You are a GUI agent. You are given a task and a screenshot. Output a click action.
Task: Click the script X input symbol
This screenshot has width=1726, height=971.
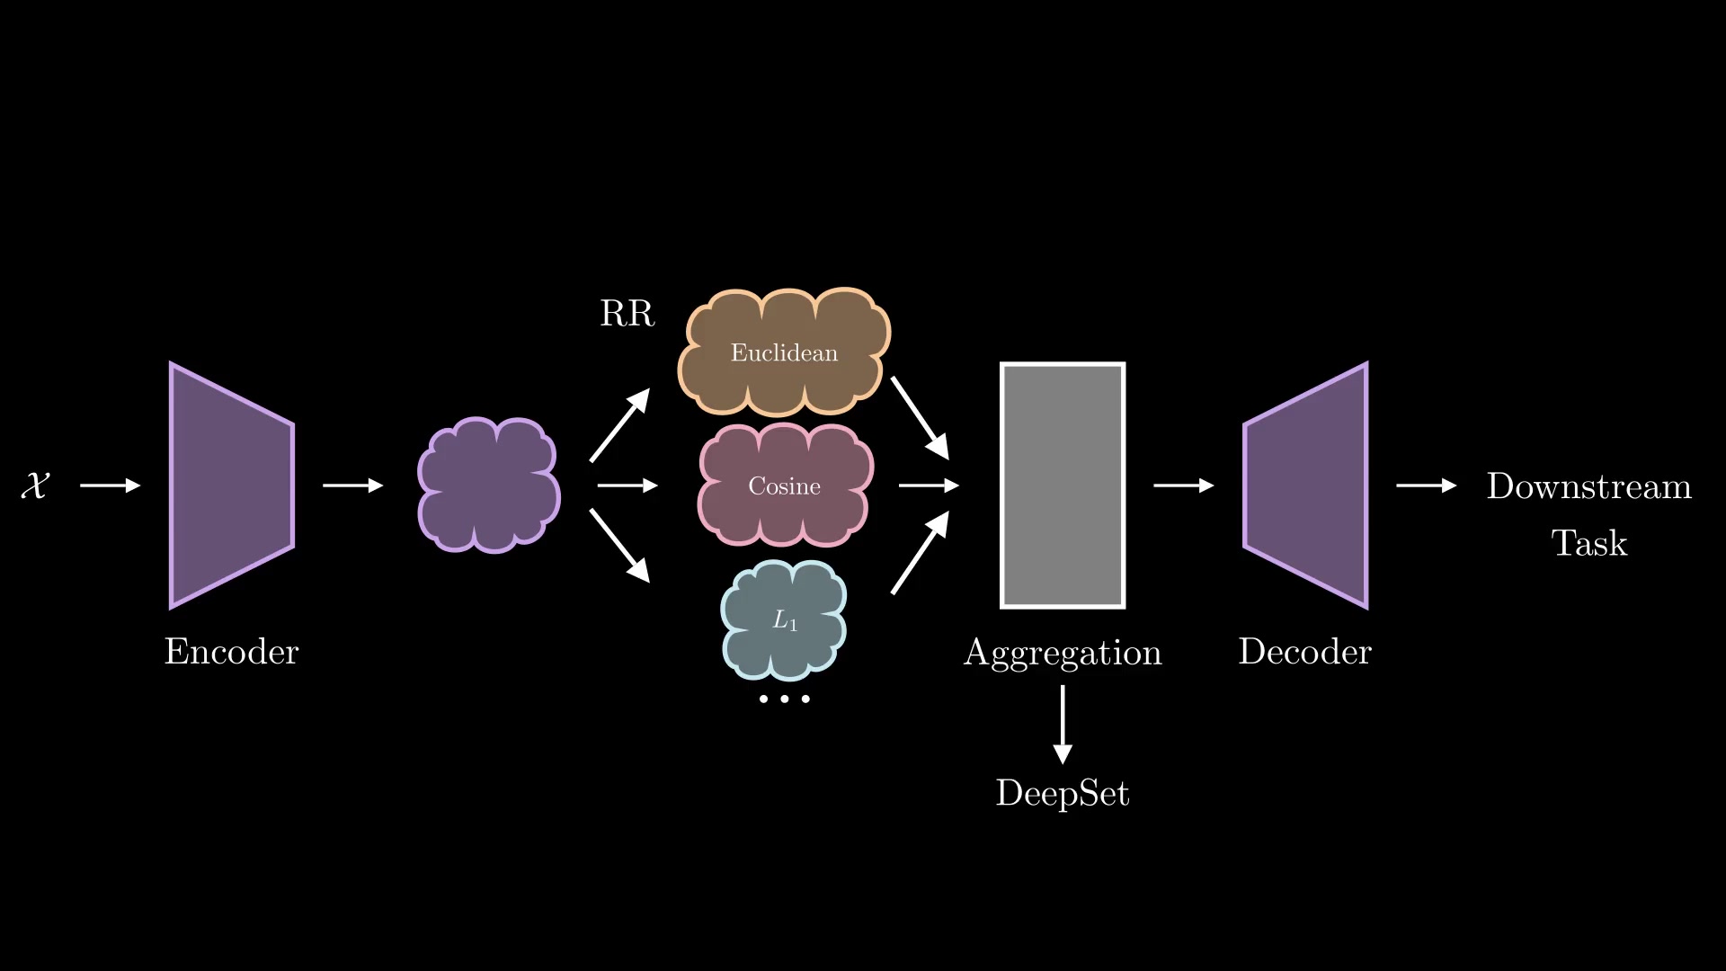35,485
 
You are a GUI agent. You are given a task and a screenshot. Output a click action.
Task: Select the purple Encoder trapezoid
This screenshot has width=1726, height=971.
232,485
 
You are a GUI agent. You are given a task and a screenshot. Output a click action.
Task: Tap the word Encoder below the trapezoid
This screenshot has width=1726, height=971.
231,652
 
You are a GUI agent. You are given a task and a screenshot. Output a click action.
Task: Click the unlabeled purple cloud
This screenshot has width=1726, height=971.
488,485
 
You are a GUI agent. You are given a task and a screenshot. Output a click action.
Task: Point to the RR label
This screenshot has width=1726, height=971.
627,314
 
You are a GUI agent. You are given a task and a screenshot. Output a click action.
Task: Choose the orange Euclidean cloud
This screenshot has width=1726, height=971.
784,352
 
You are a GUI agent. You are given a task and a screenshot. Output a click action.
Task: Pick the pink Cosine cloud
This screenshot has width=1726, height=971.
784,485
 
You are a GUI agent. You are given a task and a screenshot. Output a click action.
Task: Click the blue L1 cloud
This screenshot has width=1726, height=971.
784,620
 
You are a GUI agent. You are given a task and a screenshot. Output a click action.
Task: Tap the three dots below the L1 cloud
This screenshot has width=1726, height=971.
784,699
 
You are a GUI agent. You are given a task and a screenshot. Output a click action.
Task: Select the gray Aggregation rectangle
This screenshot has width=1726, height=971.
1063,485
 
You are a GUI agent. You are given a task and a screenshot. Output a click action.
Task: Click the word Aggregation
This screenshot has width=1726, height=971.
1063,654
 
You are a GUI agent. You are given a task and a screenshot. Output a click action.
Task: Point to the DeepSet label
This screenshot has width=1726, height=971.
1063,794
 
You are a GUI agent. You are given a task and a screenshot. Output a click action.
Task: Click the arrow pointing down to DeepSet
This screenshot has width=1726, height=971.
1063,724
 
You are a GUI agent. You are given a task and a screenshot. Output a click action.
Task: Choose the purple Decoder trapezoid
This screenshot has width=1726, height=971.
1305,485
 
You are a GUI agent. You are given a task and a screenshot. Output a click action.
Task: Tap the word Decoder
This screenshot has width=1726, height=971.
1305,652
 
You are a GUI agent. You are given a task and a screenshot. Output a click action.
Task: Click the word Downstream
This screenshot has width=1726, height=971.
1588,486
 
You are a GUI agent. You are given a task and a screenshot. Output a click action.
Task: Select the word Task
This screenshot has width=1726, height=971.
1588,543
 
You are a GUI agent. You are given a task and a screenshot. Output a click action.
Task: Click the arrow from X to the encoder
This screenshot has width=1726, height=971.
110,485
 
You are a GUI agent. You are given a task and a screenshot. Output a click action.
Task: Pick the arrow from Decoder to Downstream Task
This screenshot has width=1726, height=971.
1426,485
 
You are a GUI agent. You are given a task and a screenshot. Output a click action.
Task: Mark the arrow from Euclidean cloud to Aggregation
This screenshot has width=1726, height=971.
920,418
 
